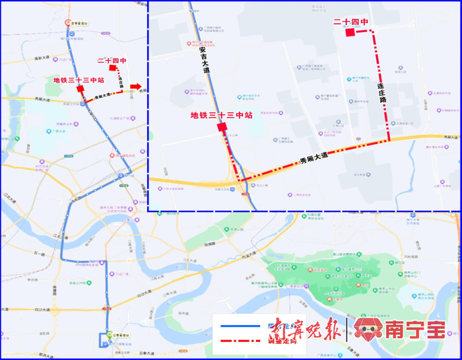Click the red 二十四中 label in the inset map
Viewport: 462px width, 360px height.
tap(350, 22)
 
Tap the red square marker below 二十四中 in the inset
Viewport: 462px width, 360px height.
tap(350, 32)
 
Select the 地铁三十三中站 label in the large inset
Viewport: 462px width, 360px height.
tap(222, 115)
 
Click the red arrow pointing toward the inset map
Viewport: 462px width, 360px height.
tap(135, 87)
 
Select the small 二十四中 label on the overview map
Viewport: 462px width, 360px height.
tap(112, 61)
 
